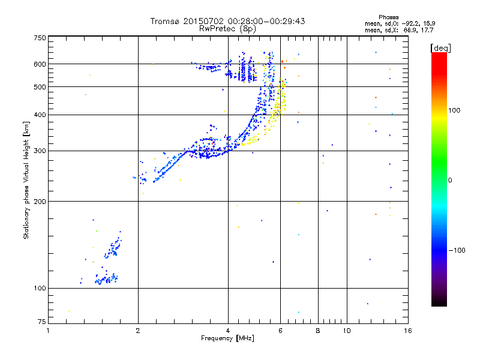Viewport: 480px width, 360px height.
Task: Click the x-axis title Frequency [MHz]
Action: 228,338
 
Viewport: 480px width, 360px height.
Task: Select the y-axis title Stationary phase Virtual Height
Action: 26,180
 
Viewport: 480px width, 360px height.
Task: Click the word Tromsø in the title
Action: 165,21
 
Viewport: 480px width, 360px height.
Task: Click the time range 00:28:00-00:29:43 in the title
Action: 262,21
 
